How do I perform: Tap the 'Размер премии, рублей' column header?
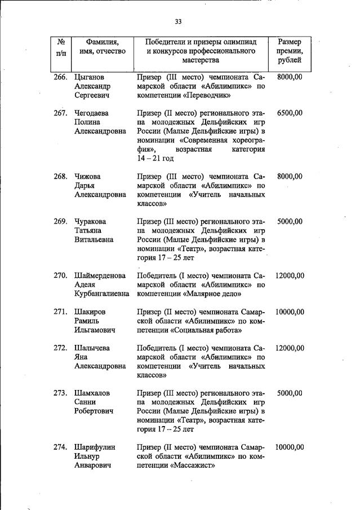pyautogui.click(x=290, y=51)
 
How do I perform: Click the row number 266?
pyautogui.click(x=60, y=76)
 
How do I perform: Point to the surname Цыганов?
pyautogui.click(x=91, y=76)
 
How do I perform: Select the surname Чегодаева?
pyautogui.click(x=92, y=113)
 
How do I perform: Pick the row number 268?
pyautogui.click(x=60, y=176)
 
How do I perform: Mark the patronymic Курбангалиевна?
pyautogui.click(x=101, y=294)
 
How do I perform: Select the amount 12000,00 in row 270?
pyautogui.click(x=290, y=276)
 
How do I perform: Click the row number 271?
pyautogui.click(x=60, y=312)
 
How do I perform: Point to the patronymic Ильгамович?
pyautogui.click(x=95, y=330)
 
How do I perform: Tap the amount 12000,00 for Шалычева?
pyautogui.click(x=290, y=348)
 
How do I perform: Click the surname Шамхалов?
pyautogui.click(x=93, y=393)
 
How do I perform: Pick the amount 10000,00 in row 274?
pyautogui.click(x=290, y=447)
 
